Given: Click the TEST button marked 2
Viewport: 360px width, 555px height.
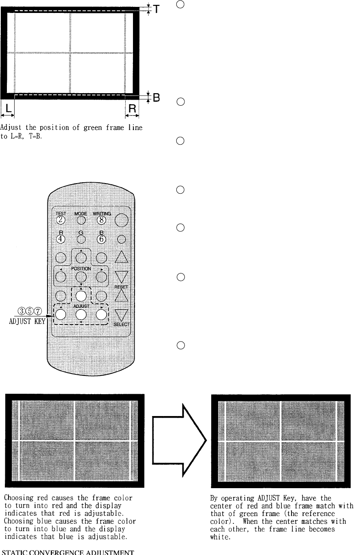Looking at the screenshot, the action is click(61, 220).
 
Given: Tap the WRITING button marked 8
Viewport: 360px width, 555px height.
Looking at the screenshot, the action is click(102, 220).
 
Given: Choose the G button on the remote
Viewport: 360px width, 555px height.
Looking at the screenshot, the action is click(81, 239).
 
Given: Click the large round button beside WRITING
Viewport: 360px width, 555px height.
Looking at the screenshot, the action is click(122, 220).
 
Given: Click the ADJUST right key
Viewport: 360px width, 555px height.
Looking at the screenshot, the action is click(102, 314).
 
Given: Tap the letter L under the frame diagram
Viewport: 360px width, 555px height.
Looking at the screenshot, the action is click(8, 108).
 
